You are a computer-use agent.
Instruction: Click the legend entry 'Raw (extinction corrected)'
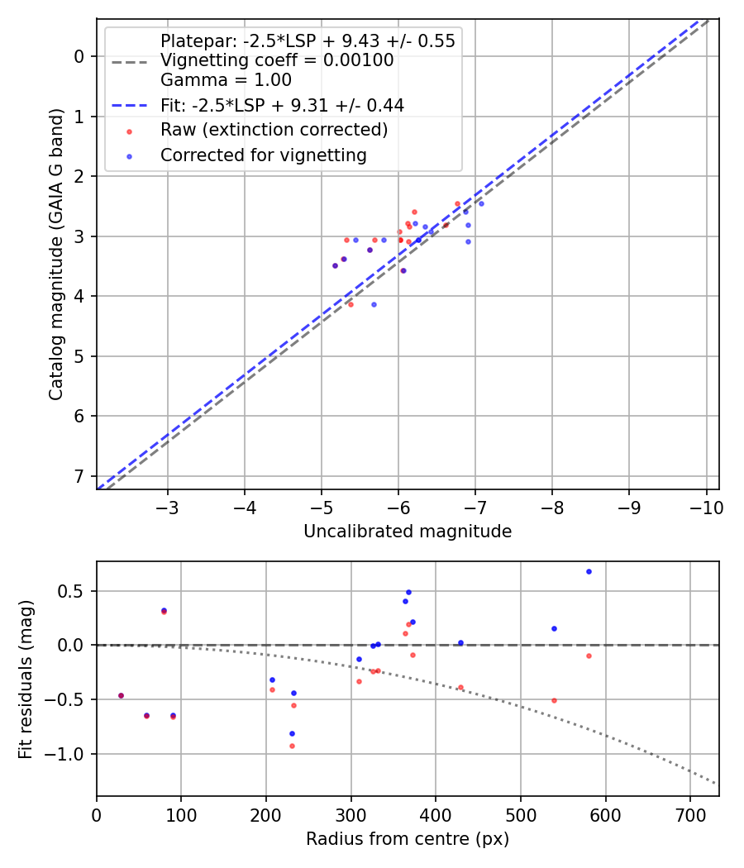point(274,130)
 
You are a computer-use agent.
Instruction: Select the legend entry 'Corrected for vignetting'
point(263,155)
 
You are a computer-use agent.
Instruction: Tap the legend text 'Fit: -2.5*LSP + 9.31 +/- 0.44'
point(282,105)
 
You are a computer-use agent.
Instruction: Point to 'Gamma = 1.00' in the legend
point(226,80)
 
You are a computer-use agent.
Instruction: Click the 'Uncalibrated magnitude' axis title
point(407,532)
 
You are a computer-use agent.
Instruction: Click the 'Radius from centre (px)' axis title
point(407,839)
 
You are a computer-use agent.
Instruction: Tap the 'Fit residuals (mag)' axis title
point(26,679)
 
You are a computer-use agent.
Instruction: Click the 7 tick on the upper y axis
point(80,476)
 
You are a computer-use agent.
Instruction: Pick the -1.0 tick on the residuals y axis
point(72,754)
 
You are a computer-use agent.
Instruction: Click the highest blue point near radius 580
point(589,571)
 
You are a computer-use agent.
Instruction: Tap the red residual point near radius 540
point(554,700)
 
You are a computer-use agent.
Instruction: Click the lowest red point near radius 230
point(292,746)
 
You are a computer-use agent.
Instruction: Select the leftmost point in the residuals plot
point(121,695)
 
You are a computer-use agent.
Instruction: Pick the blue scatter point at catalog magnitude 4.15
point(374,304)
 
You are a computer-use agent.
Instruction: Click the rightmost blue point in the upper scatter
point(481,203)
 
